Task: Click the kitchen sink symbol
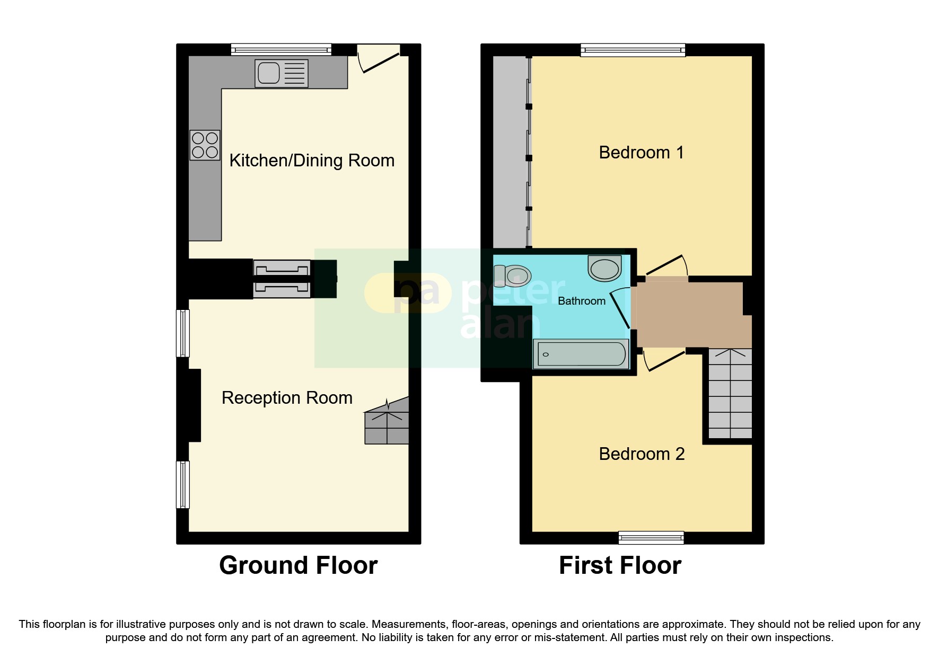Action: (281, 73)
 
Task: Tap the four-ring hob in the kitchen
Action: (205, 145)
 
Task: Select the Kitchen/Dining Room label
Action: (312, 161)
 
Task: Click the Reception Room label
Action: (287, 398)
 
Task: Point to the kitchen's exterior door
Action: (380, 59)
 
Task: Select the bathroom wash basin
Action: (604, 268)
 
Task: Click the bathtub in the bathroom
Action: (581, 354)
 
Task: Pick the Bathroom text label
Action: (581, 301)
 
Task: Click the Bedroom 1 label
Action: (641, 153)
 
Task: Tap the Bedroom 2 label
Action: (642, 454)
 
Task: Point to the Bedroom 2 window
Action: (651, 538)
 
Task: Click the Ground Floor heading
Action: (298, 565)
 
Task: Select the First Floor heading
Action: (620, 565)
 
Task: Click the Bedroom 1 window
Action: (633, 50)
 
